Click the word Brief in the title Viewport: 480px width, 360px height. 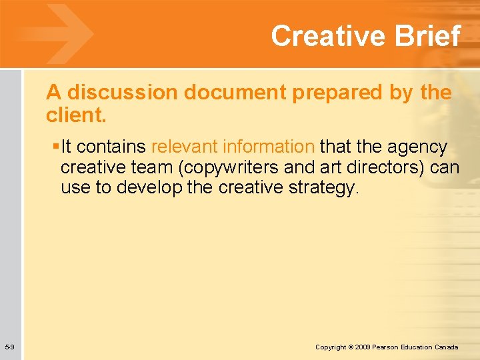430,35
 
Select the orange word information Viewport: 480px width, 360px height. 269,146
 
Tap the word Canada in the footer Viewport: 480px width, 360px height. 447,347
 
